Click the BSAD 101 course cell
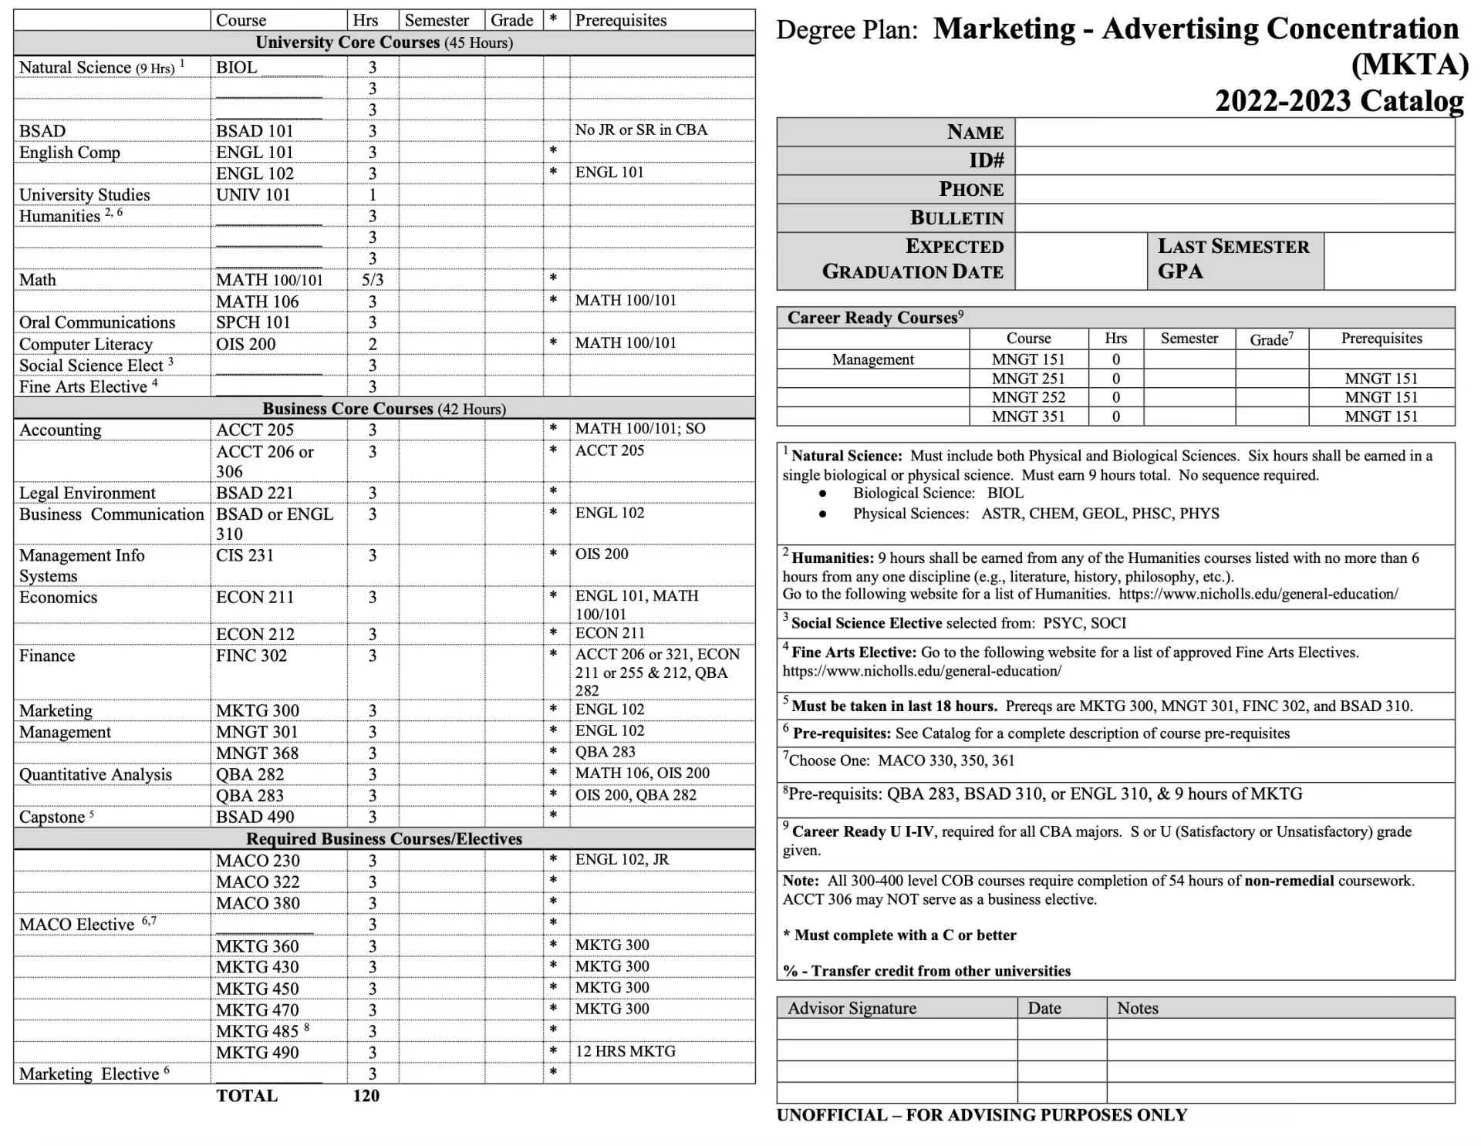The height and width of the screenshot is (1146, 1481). [x=255, y=131]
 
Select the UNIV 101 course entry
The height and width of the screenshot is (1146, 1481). [x=253, y=195]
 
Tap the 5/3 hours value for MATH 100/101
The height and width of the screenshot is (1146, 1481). [x=373, y=280]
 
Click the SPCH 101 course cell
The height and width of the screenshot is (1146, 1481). [x=253, y=322]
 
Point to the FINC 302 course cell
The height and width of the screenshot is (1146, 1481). [x=251, y=656]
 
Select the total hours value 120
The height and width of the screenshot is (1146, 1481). [x=366, y=1096]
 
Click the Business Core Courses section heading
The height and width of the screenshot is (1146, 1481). [x=384, y=409]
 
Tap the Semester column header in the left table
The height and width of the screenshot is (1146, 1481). [x=437, y=21]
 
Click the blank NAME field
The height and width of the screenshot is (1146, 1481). [x=1234, y=133]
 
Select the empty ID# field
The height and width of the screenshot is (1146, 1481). [x=1234, y=161]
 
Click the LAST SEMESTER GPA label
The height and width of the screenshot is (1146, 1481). [x=1233, y=259]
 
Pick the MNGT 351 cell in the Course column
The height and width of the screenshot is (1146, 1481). [x=1028, y=416]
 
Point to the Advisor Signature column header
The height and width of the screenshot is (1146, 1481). [x=852, y=1008]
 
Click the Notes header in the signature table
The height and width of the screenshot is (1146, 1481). [x=1137, y=1008]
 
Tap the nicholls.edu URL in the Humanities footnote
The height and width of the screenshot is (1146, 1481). [x=1258, y=595]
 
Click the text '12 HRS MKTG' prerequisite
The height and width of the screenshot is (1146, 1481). [x=625, y=1052]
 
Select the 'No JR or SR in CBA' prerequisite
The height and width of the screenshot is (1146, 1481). [x=641, y=130]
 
